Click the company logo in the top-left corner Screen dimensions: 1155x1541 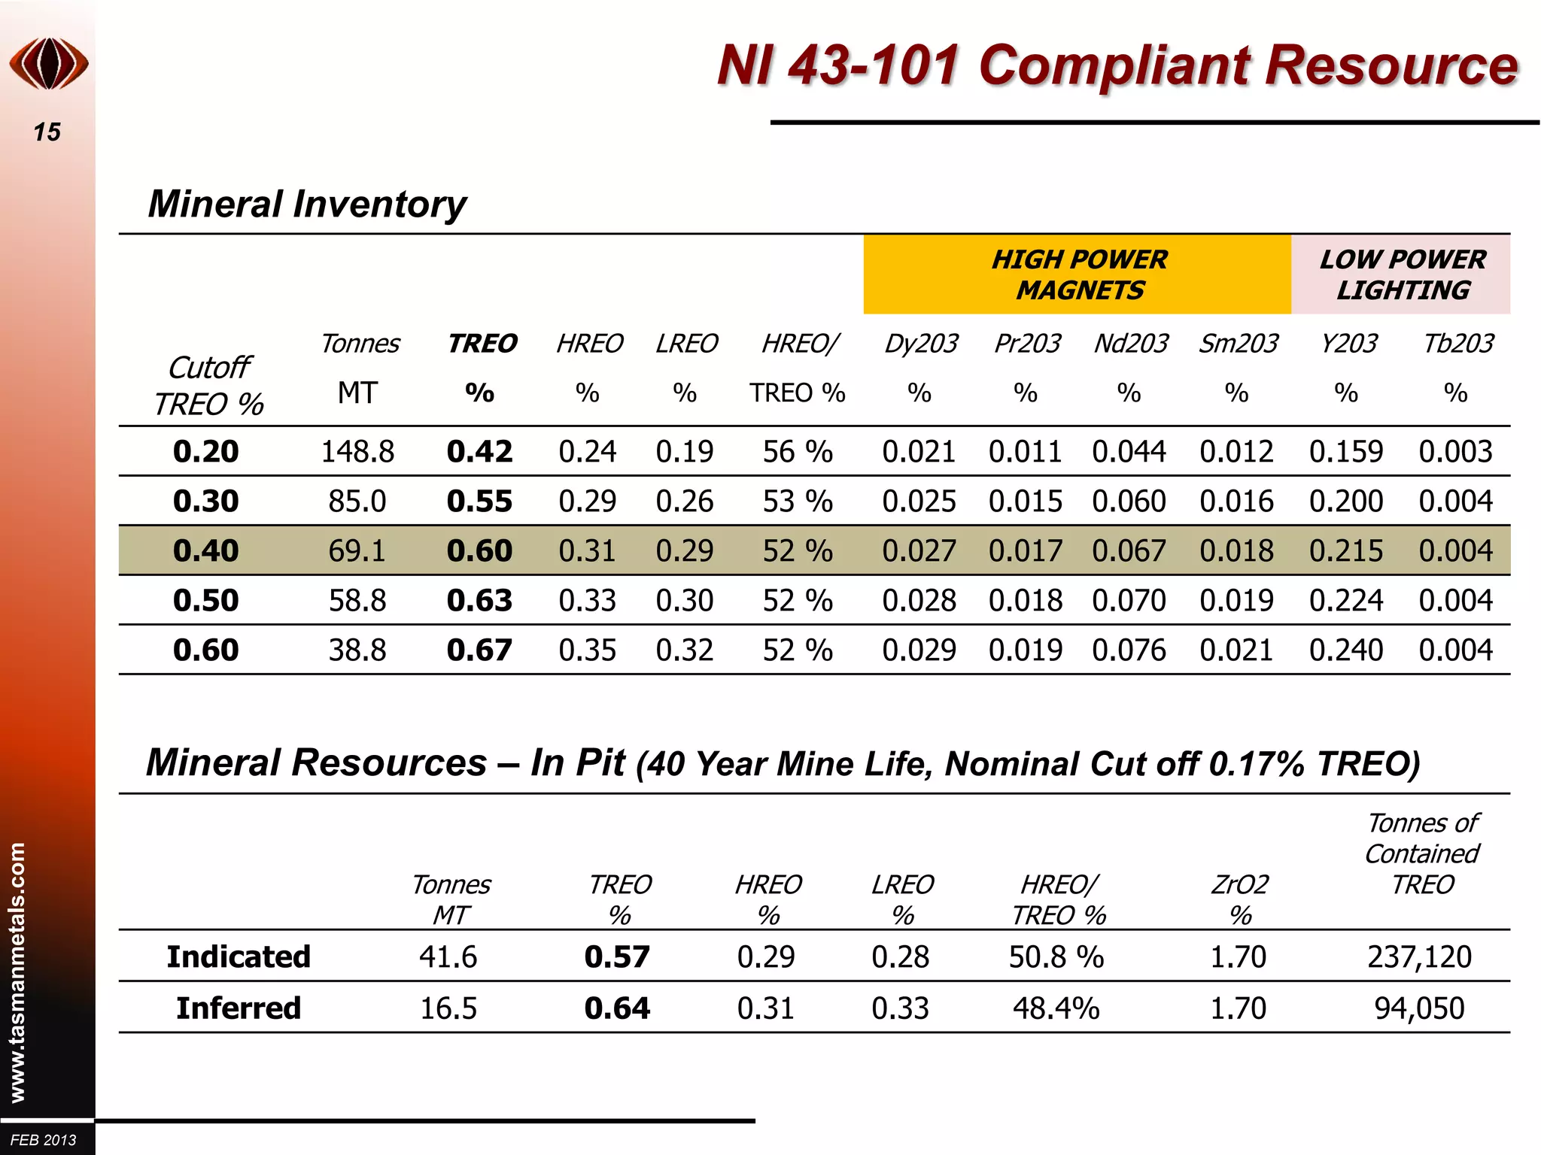tap(49, 64)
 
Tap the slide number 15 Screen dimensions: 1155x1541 tap(47, 132)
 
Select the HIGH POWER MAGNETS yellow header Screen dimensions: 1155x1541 tap(1078, 274)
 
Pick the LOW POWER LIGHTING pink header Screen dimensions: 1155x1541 tap(1402, 274)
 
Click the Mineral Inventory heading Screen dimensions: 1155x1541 tap(307, 204)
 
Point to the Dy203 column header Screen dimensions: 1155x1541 tap(920, 344)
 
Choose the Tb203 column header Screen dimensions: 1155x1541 tap(1457, 344)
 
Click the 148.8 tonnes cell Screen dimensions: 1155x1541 tap(357, 452)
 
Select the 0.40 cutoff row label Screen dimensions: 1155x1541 tap(205, 551)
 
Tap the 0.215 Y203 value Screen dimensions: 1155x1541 tap(1345, 551)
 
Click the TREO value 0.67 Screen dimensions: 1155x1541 tap(479, 650)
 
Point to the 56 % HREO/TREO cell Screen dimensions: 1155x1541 tap(798, 452)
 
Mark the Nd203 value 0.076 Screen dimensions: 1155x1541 tap(1129, 650)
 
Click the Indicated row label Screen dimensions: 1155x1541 tap(239, 957)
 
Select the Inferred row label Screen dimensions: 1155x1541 tap(239, 1008)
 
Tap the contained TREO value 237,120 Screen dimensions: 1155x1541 tap(1419, 957)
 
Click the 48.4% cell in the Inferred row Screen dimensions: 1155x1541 tap(1056, 1008)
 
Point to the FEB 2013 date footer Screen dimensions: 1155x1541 tap(44, 1140)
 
